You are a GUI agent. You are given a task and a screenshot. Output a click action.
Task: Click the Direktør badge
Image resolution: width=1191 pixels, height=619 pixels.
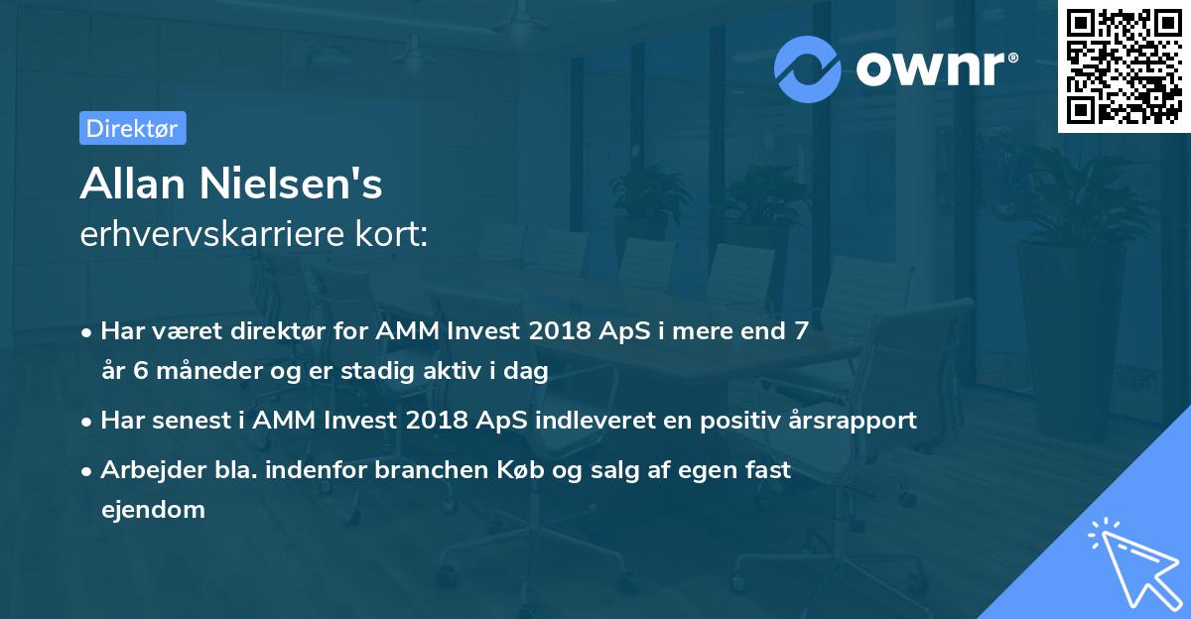132,128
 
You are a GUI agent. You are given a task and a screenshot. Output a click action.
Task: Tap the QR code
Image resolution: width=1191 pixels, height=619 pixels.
1124,66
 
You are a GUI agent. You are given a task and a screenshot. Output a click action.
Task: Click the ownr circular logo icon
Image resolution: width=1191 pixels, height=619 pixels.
808,68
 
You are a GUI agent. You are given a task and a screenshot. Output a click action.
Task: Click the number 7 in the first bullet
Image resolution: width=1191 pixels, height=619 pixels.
801,330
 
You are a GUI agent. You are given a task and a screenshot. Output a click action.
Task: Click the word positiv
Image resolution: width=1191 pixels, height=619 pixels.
730,420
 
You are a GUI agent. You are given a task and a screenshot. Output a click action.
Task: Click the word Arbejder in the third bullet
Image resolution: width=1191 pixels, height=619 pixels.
146,469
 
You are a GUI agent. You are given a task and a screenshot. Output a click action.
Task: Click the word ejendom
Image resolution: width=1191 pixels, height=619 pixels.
153,510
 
